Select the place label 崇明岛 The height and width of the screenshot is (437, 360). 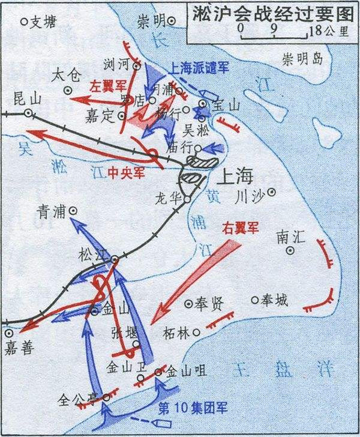[303, 59]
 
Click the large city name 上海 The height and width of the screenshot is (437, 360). [235, 178]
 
